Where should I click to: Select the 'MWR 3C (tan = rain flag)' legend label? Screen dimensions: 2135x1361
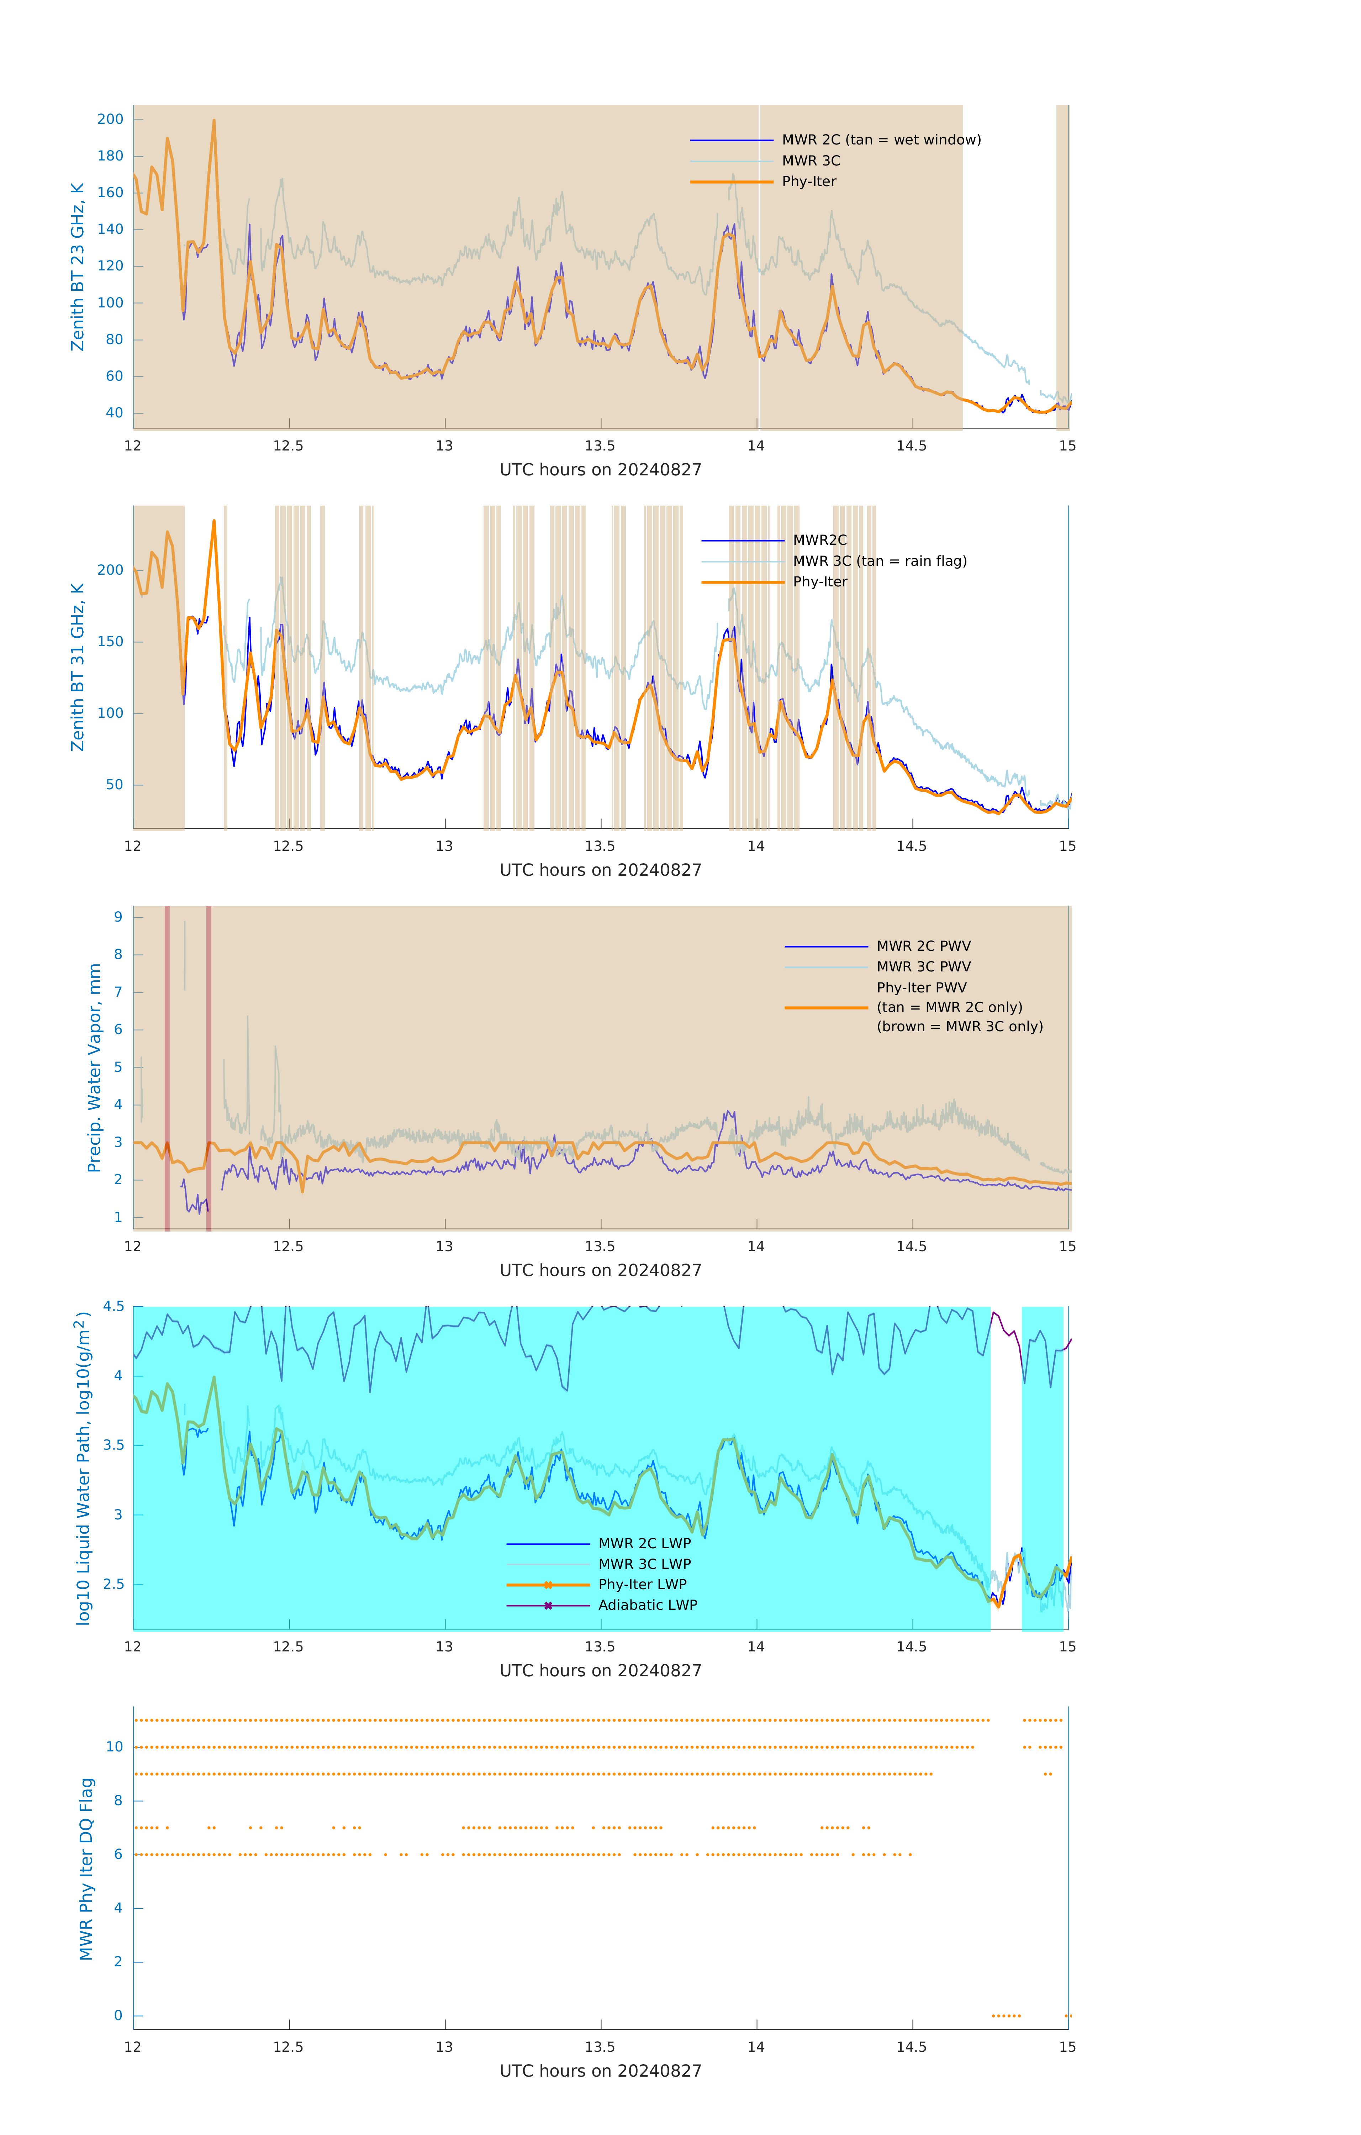[880, 561]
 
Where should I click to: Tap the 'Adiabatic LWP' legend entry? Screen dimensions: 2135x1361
[647, 1605]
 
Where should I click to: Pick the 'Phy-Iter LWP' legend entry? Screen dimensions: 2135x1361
[642, 1585]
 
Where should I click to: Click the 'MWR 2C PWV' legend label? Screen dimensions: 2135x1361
[923, 946]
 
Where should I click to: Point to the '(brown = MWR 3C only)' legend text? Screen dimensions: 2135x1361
[959, 1027]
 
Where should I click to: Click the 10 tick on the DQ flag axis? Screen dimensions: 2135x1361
[114, 1747]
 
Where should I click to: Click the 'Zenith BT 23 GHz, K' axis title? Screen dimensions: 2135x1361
[78, 267]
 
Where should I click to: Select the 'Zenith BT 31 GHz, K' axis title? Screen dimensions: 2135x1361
[78, 667]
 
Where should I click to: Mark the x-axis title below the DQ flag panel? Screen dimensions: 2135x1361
[600, 2071]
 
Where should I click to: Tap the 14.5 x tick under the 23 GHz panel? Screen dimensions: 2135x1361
[912, 446]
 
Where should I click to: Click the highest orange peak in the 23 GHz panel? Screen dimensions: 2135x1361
[214, 121]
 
